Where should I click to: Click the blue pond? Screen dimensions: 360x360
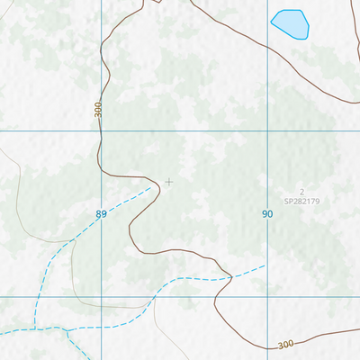[290, 24]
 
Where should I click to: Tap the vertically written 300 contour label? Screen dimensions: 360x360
[98, 109]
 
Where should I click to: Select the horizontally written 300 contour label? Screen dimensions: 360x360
[285, 345]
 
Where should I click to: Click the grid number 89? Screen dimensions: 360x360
[101, 214]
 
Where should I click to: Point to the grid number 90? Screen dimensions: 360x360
[267, 214]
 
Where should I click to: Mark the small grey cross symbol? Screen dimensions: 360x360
[168, 182]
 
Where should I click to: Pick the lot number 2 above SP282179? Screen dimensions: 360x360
[302, 192]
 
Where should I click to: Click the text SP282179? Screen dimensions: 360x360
[301, 202]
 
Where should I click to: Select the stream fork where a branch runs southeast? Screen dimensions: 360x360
[67, 330]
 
